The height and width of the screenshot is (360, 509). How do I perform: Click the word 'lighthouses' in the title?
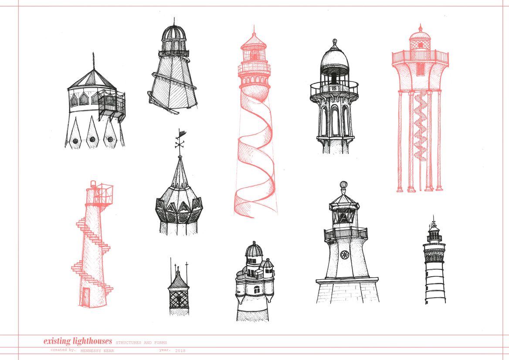[x=92, y=341]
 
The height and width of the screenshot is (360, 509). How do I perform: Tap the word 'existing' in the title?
[x=57, y=341]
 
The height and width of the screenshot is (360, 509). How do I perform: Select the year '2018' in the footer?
[x=180, y=350]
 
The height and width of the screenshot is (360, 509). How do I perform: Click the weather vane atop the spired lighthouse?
[x=180, y=139]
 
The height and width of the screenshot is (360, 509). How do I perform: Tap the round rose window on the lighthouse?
[x=344, y=255]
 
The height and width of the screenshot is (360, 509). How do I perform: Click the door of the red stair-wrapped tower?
[x=85, y=296]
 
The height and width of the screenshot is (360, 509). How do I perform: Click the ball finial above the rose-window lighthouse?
[x=343, y=185]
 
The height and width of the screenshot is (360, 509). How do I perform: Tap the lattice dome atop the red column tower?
[x=420, y=39]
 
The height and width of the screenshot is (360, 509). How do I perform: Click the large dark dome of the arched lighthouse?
[x=335, y=60]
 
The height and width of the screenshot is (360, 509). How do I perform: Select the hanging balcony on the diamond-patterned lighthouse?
[x=112, y=103]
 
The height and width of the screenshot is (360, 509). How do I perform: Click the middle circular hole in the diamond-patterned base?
[x=92, y=140]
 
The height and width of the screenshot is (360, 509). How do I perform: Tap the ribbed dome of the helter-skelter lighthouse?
[x=174, y=33]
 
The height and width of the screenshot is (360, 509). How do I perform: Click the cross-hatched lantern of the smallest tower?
[x=178, y=299]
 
